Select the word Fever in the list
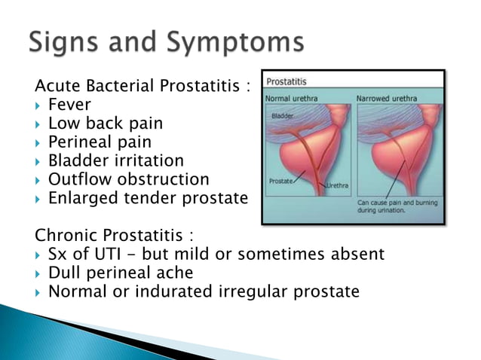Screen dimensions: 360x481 pos(69,105)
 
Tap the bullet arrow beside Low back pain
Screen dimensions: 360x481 pos(38,124)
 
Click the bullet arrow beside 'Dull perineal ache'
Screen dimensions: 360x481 pos(38,273)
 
